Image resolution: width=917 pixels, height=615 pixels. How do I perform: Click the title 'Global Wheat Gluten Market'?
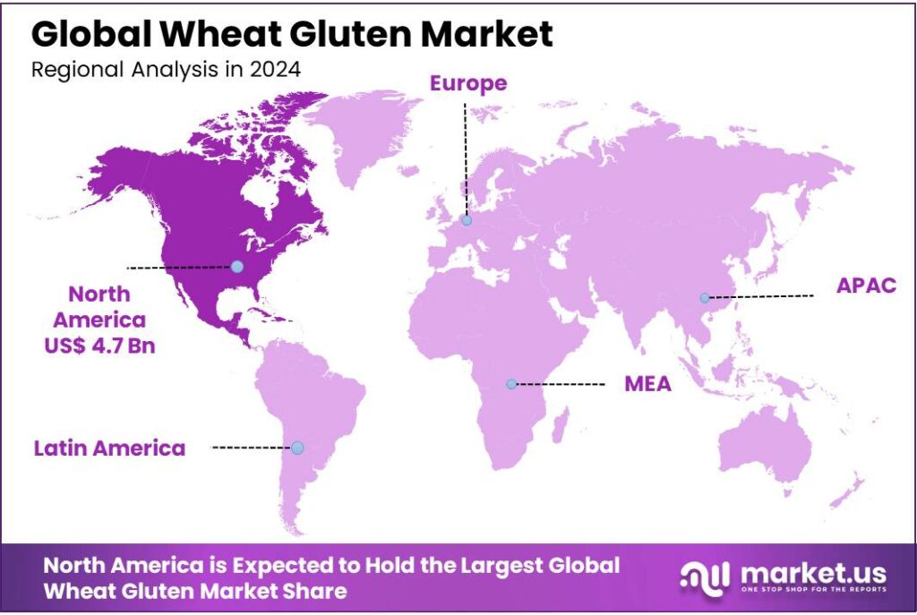[x=292, y=33]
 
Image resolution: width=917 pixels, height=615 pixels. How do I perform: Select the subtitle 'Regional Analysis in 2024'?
[x=166, y=70]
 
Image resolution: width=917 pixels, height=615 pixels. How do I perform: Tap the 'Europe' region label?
[x=467, y=83]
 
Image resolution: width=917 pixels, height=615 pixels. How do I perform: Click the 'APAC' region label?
[x=865, y=286]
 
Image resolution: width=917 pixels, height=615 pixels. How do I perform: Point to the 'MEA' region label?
[x=647, y=385]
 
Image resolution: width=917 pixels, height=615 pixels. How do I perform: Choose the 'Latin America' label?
[x=109, y=448]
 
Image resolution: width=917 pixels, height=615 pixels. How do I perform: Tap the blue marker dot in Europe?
[x=467, y=220]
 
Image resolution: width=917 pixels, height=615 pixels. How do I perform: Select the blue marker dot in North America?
[x=236, y=266]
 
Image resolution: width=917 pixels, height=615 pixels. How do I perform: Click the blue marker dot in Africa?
[x=511, y=384]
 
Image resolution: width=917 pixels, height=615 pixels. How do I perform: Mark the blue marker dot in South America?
[x=297, y=448]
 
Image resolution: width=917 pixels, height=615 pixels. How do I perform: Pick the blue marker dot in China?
[x=705, y=297]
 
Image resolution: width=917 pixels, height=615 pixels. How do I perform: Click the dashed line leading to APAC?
[x=761, y=296]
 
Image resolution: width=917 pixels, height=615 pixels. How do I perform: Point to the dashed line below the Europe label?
[x=465, y=157]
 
